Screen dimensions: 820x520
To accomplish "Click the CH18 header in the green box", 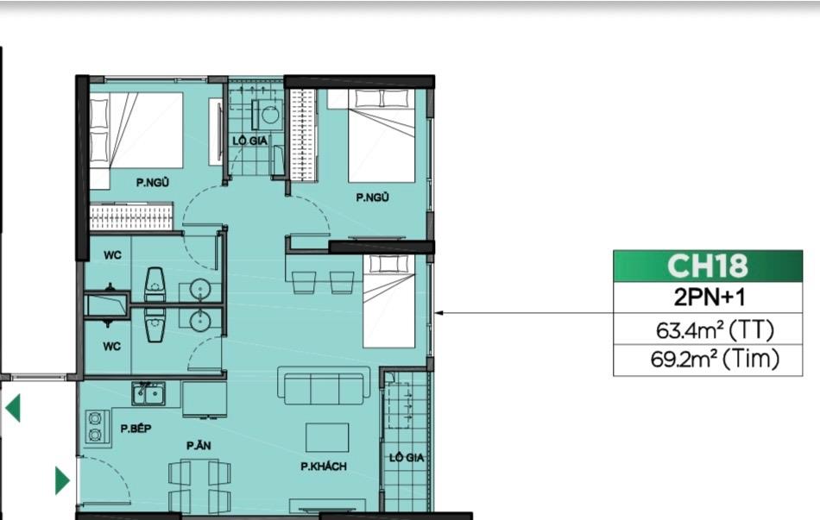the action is coord(708,266).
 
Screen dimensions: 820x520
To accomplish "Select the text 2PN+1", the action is coord(709,298).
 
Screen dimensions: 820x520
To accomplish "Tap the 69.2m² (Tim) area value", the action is coord(715,359).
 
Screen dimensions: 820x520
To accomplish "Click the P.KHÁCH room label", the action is coord(323,467).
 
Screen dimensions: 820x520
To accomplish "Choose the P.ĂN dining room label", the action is coord(199,445).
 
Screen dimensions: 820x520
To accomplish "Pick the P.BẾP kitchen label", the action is coord(136,429).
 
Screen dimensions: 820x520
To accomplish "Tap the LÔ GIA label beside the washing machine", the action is coord(250,141).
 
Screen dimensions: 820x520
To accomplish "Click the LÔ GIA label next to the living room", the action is coord(407,458).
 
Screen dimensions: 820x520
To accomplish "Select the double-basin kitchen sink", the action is coord(148,393).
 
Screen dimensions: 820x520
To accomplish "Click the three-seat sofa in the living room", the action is coord(325,385).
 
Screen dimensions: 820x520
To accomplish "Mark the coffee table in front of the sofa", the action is coord(327,437).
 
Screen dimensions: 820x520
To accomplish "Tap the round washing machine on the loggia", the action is coord(270,115).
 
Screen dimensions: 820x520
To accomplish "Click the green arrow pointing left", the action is coord(13,408).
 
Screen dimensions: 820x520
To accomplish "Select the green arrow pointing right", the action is coord(62,480).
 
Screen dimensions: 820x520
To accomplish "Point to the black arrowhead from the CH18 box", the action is coord(439,313).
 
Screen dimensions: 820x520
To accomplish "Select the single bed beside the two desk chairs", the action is coord(389,301).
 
